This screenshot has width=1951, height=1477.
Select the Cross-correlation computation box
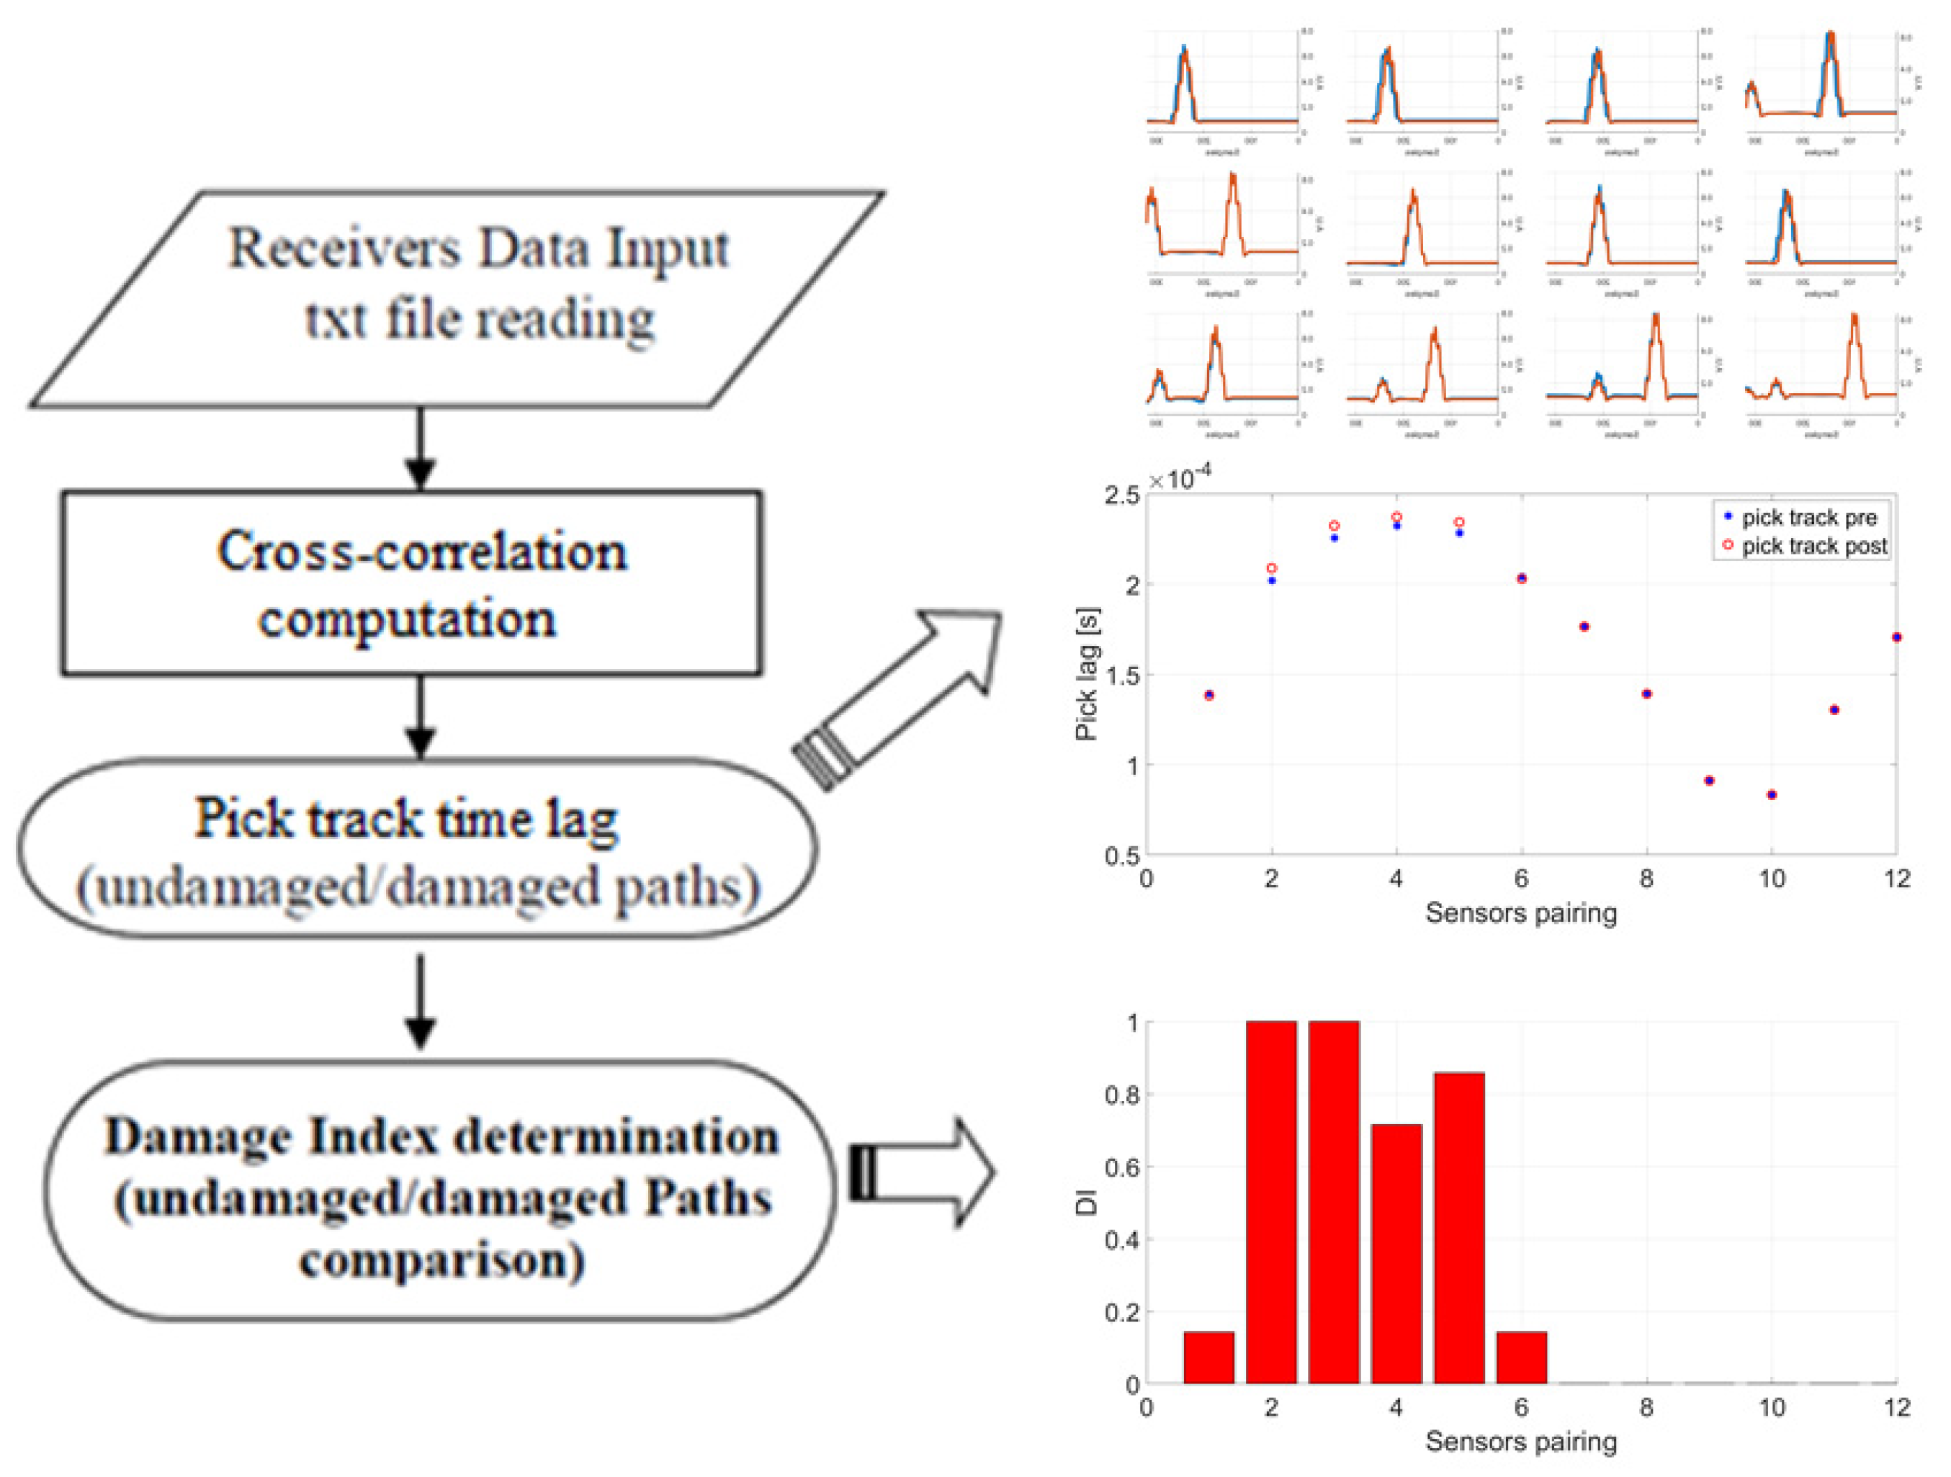tap(412, 583)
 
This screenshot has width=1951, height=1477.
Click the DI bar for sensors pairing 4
tap(1396, 1253)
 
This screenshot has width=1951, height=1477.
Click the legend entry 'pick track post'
tap(1813, 546)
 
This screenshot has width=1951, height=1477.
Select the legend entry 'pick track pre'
tap(1808, 518)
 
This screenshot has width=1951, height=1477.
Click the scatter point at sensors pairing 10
tap(1772, 794)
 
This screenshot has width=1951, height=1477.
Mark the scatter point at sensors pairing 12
tap(1896, 637)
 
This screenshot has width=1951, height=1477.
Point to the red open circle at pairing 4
tap(1396, 517)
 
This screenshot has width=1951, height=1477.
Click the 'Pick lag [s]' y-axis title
tap(1087, 675)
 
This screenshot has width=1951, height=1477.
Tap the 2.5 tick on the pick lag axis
tap(1122, 495)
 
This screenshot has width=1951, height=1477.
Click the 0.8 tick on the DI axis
tap(1122, 1095)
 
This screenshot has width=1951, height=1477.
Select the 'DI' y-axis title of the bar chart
tap(1086, 1203)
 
